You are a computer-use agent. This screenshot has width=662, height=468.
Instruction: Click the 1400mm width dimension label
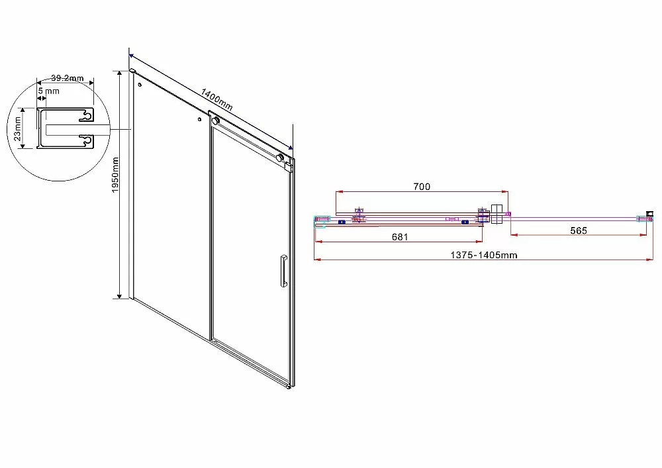[x=216, y=99]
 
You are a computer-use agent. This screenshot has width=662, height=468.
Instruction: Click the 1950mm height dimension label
[x=115, y=175]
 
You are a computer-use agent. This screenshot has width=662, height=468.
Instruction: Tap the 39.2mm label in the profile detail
[x=67, y=78]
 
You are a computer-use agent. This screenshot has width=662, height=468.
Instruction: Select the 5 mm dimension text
[x=48, y=91]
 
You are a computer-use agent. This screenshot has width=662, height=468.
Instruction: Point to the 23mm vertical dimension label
[x=17, y=128]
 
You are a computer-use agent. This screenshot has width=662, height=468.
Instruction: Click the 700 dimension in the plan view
[x=421, y=186]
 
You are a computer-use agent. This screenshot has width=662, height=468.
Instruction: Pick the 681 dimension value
[x=400, y=237]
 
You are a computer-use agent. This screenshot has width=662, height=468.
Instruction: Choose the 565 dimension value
[x=579, y=230]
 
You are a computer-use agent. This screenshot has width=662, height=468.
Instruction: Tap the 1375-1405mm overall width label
[x=484, y=255]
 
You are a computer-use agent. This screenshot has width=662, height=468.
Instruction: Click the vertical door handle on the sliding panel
[x=283, y=271]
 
